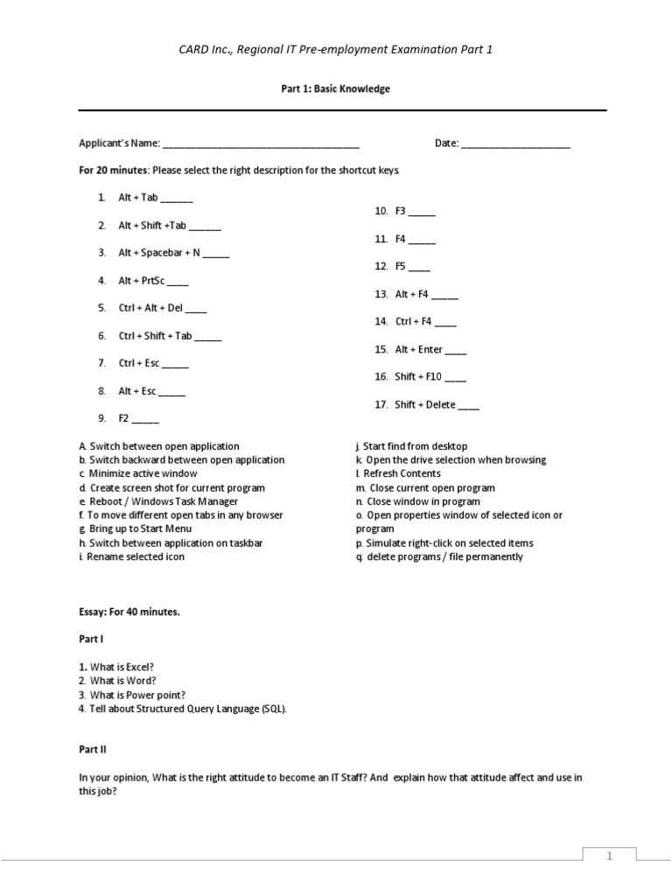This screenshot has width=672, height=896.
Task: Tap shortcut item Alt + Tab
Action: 138,199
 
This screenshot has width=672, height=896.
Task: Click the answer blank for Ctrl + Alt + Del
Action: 197,309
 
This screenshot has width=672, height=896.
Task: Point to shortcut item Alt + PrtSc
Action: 140,281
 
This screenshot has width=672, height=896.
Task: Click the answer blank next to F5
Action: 419,267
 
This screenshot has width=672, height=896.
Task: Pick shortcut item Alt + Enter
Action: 419,349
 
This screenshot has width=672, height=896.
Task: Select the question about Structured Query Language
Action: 182,709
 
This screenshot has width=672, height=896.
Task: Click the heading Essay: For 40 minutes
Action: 129,612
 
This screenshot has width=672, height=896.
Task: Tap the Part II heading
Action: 93,750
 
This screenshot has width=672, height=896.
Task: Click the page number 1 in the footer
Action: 609,858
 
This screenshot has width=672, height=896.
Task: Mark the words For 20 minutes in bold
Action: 114,170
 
